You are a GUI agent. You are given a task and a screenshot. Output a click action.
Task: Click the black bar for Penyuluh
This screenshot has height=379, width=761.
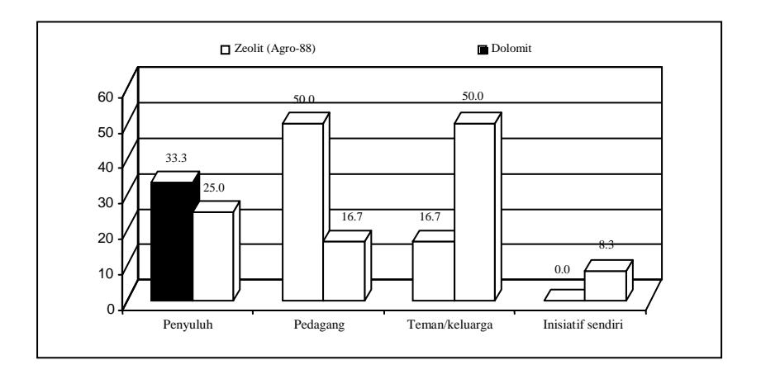pos(172,241)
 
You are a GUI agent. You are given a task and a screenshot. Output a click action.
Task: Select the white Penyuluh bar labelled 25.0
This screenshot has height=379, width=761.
pos(213,256)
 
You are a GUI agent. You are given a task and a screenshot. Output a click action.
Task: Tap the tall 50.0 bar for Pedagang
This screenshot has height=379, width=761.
pos(303,211)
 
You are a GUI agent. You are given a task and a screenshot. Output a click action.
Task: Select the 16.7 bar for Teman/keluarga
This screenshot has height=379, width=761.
pos(434,270)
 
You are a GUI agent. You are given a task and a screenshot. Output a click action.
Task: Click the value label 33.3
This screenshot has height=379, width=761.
pos(176,159)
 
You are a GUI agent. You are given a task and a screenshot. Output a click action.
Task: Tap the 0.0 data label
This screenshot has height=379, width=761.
pos(562,270)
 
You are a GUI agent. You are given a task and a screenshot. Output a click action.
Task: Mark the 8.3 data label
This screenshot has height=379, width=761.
pos(606,245)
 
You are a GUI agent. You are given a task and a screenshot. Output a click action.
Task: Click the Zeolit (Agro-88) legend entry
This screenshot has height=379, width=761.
pos(269,49)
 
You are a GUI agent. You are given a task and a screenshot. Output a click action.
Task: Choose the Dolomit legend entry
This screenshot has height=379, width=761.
pos(505,49)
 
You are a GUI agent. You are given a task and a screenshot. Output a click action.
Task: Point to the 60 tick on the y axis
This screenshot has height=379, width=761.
pos(107,97)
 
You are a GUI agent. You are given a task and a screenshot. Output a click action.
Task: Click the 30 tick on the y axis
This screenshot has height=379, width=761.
pos(107,203)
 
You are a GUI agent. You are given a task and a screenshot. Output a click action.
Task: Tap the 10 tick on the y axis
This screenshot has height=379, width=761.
pos(107,273)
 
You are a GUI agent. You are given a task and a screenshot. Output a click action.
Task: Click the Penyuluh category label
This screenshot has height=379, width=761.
pos(188,325)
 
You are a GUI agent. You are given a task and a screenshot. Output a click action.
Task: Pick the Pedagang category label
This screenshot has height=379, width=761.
pos(319,325)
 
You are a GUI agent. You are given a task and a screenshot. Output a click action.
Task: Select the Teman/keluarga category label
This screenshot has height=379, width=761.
pos(449,325)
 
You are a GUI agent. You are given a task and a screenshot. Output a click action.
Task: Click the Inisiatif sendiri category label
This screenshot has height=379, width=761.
pos(583,325)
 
